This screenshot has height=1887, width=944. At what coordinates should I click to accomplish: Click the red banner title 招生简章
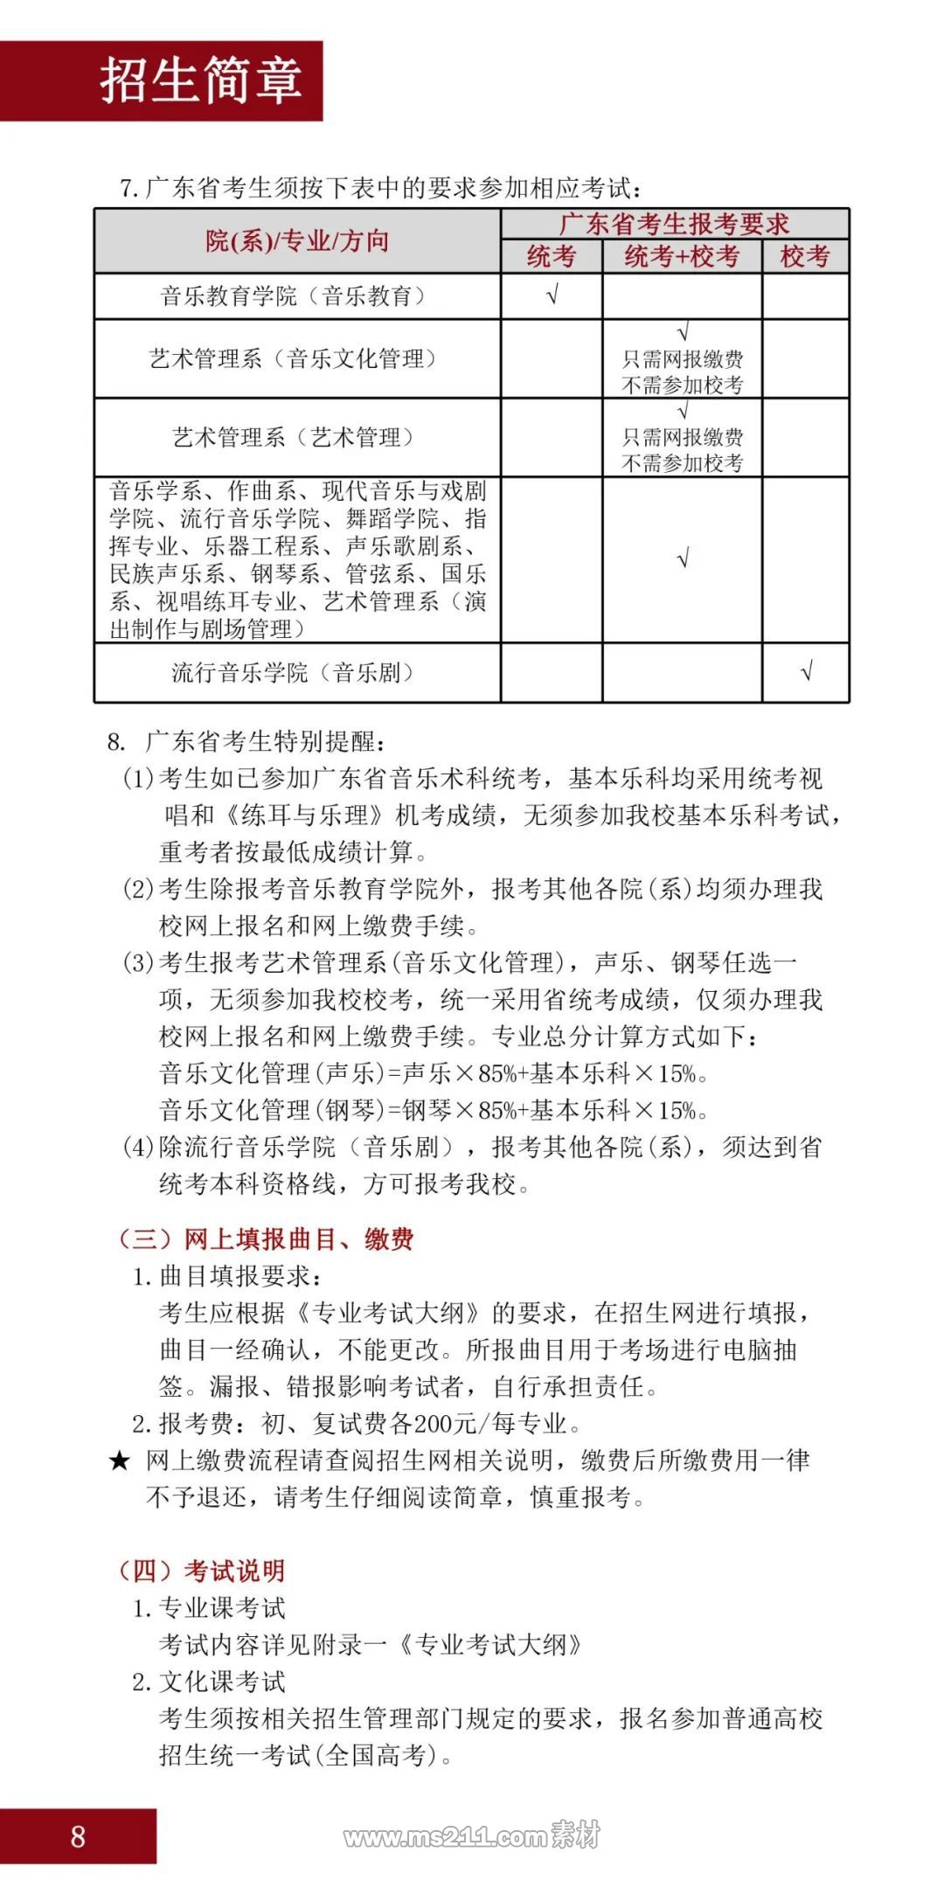201,80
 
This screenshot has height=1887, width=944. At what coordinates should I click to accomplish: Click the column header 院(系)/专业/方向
297,241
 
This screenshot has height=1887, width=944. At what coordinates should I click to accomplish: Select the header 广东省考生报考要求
674,224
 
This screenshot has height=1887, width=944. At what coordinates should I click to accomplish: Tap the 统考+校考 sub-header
682,256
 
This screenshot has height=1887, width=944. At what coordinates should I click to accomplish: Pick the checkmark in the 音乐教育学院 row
552,295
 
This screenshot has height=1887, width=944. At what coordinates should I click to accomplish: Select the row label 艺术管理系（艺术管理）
293,437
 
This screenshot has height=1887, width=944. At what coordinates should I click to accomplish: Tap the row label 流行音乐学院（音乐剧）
293,672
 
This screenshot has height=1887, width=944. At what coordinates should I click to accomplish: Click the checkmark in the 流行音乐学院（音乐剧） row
806,671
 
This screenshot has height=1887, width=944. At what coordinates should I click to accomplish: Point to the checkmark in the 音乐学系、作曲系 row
683,558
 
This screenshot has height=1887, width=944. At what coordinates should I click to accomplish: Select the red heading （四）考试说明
201,1571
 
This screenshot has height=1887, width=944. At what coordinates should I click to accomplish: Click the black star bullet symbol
119,1460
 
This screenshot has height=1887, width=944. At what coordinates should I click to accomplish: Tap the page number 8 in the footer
78,1836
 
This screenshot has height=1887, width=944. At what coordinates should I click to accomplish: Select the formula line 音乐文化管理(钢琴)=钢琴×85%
434,1110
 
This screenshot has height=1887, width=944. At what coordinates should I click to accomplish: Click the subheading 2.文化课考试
209,1682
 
